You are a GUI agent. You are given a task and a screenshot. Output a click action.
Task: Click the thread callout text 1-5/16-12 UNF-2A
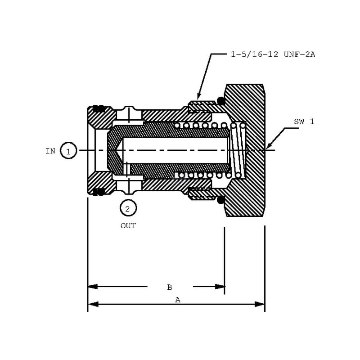point(273,54)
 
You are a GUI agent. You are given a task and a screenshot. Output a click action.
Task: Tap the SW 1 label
point(304,121)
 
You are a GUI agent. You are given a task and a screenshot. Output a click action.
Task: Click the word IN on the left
point(50,151)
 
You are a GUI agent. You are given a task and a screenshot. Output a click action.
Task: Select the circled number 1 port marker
point(68,151)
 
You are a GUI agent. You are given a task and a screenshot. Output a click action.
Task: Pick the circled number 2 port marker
point(128,208)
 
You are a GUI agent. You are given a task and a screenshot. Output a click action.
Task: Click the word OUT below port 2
point(128,226)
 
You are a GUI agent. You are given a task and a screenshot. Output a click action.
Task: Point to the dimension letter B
point(170,287)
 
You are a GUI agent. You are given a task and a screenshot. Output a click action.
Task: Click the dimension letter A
point(178,300)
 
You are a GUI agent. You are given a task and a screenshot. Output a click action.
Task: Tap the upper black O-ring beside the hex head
point(221,100)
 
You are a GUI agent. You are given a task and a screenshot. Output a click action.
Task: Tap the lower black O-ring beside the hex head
point(221,199)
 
